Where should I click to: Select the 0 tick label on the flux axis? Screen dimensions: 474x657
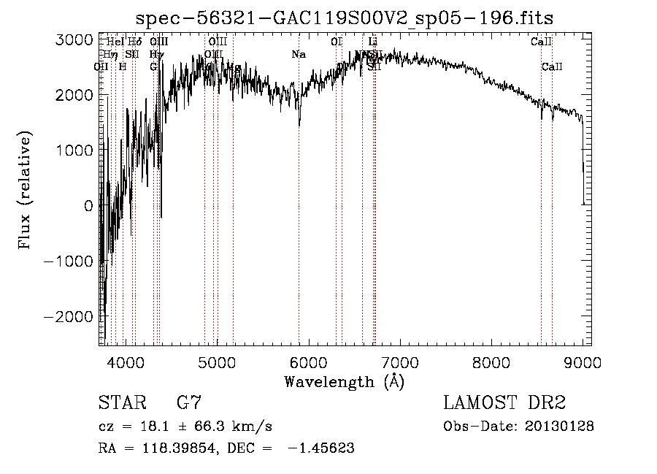pos(88,206)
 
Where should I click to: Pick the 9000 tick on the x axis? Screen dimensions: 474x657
pos(582,361)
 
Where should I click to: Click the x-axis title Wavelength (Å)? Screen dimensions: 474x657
pos(344,381)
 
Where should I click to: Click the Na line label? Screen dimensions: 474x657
pos(298,54)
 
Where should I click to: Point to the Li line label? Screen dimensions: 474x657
pos(373,42)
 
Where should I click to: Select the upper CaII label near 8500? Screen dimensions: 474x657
pos(540,42)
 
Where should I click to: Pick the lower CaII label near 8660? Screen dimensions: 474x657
pos(552,66)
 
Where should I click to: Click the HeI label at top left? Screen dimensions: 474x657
pos(115,42)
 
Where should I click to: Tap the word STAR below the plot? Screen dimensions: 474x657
pos(120,402)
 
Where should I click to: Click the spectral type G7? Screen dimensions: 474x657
pos(189,402)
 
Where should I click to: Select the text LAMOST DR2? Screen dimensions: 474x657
pos(504,402)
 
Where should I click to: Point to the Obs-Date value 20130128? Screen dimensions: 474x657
pos(563,426)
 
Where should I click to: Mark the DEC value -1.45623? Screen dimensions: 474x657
pos(321,448)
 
